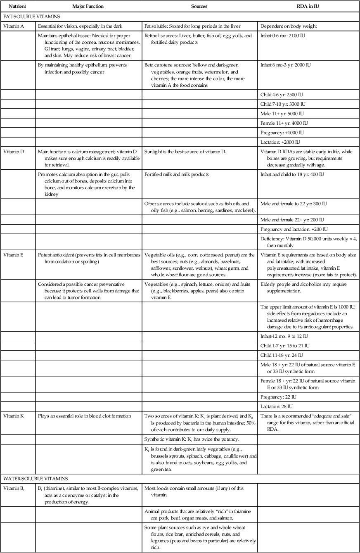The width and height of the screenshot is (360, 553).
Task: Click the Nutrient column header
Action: click(x=12, y=7)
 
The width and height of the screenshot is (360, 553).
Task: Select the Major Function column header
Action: click(x=88, y=7)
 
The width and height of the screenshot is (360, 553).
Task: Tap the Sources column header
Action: click(x=199, y=7)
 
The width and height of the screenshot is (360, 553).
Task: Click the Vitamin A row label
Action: click(x=14, y=26)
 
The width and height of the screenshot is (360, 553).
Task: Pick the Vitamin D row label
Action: click(x=14, y=152)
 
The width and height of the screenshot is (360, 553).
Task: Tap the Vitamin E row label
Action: click(x=13, y=255)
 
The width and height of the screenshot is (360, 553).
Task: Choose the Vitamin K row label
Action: click(x=14, y=416)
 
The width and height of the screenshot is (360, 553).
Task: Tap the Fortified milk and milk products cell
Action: click(x=176, y=174)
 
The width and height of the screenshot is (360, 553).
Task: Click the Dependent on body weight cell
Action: click(x=289, y=26)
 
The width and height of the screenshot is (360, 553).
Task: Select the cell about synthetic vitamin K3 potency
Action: click(x=189, y=438)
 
